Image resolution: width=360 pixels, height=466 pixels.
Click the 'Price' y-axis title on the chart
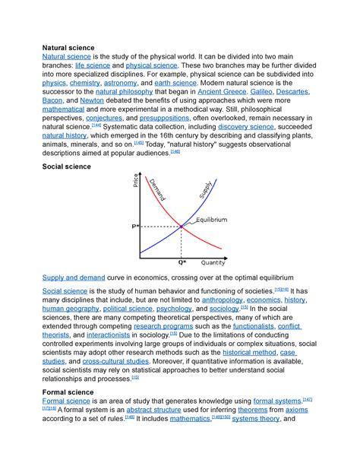click(137, 182)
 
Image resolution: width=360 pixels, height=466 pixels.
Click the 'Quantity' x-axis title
click(213, 263)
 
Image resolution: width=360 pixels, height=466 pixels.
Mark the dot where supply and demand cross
click(182, 226)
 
